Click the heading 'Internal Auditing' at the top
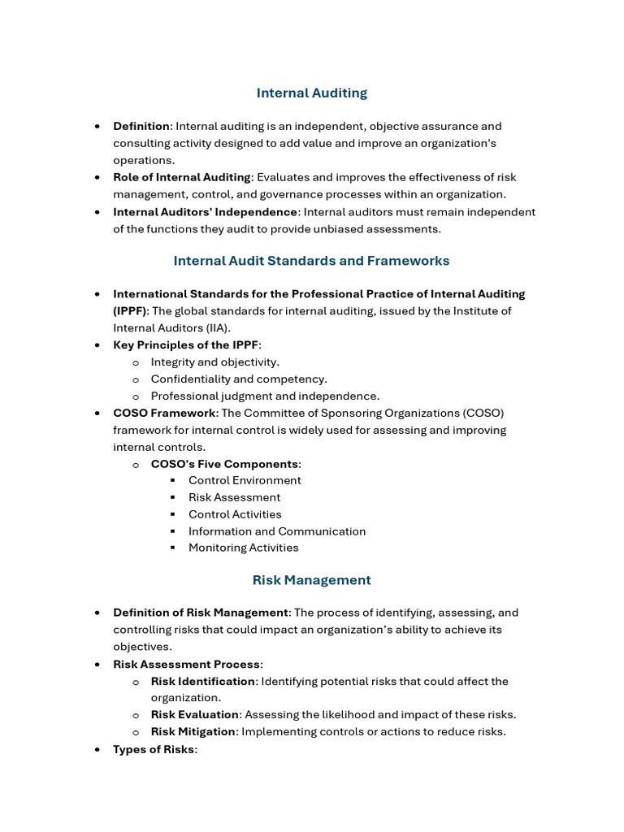[x=311, y=93]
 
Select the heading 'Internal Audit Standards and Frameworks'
[x=311, y=261]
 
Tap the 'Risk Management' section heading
[x=311, y=580]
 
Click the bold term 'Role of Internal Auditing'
[x=181, y=177]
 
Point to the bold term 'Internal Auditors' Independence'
[x=206, y=212]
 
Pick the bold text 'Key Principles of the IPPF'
[x=185, y=345]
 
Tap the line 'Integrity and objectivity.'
[x=214, y=362]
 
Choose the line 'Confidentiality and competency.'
[x=239, y=379]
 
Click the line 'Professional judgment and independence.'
[x=265, y=396]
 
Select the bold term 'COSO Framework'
[x=164, y=413]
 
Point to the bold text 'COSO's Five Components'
[x=224, y=464]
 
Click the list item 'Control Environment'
[x=245, y=480]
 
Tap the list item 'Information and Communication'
[x=277, y=531]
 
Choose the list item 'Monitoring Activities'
[x=244, y=548]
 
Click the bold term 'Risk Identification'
[x=203, y=681]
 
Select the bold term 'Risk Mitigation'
[x=193, y=731]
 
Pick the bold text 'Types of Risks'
[x=154, y=749]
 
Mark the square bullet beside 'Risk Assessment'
[x=173, y=497]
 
